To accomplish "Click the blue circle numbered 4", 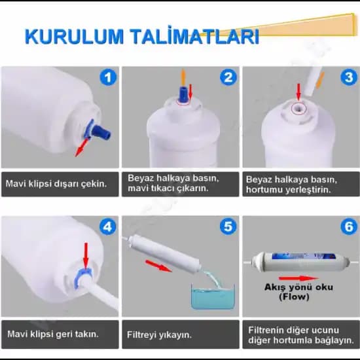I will (x=109, y=227).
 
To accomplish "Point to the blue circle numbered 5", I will (x=228, y=227).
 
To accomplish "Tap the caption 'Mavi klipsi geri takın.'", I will (x=52, y=334).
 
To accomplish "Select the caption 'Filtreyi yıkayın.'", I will (x=159, y=334).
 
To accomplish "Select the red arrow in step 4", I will (x=86, y=252).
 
